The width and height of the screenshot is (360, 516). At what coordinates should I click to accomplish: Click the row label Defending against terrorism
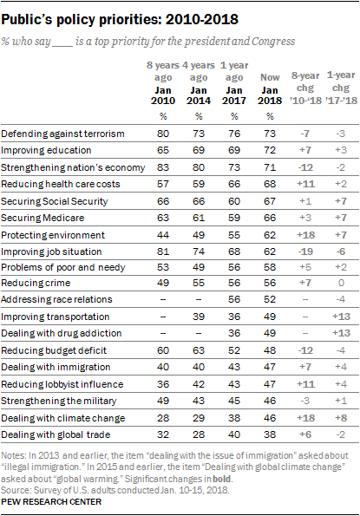coord(62,134)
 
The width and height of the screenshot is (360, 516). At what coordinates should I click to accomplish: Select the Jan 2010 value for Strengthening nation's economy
coord(163,167)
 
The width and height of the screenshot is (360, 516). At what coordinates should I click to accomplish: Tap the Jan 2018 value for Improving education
coord(270,150)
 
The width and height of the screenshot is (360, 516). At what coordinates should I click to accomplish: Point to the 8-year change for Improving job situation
coord(305,251)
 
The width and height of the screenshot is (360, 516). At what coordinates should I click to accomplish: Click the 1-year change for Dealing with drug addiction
coord(341,333)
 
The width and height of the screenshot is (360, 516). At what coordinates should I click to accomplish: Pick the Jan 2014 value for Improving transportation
coord(199,317)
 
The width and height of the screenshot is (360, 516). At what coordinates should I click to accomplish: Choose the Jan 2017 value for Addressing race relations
coord(234,299)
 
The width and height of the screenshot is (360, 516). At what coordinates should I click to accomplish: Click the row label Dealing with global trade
coord(56,434)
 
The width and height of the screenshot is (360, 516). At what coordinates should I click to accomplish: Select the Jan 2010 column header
coord(163,95)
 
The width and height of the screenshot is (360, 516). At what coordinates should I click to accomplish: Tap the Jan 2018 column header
coord(270,95)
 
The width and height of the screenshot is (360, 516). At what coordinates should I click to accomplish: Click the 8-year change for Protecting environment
coord(305,235)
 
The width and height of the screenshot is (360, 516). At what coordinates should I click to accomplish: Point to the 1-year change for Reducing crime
coord(341,283)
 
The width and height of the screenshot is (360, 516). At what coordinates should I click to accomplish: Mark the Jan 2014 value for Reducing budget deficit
coord(199,350)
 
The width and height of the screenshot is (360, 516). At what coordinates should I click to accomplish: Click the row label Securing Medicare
coord(43,218)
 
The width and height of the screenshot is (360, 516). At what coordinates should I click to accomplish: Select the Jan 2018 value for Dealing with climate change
coord(270,418)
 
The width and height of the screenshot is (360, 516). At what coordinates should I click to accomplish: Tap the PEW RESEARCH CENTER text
coord(51,502)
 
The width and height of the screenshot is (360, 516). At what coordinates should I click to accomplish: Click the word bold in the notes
coord(222,479)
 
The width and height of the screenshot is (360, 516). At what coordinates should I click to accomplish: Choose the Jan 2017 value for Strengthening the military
coord(234,401)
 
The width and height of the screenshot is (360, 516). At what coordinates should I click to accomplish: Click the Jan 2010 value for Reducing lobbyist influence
coord(163,384)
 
